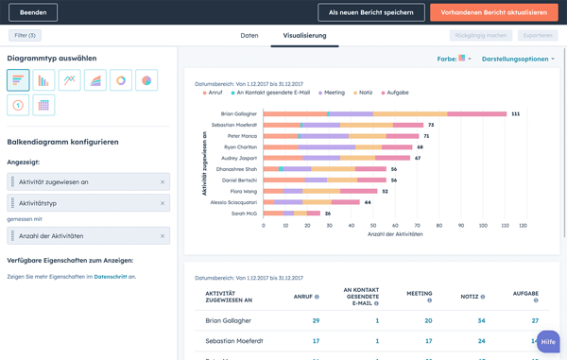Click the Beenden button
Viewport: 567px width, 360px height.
click(x=32, y=12)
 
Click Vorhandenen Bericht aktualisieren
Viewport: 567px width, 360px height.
click(x=493, y=12)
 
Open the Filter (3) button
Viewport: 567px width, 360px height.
click(x=26, y=35)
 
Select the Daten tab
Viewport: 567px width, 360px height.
click(x=249, y=36)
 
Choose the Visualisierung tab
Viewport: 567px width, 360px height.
click(x=304, y=36)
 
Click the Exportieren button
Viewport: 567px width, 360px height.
click(x=538, y=35)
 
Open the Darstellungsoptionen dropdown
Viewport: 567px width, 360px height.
click(x=518, y=59)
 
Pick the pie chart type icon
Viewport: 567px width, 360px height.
click(x=146, y=81)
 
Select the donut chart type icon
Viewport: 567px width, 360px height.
click(x=121, y=81)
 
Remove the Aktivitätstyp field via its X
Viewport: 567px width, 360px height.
click(x=163, y=203)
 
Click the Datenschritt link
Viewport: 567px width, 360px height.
click(x=111, y=277)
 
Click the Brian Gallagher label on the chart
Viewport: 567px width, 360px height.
click(x=232, y=113)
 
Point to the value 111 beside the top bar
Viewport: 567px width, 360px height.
click(x=516, y=113)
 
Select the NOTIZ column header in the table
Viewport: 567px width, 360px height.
click(x=470, y=296)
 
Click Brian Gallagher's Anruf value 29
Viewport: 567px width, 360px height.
click(x=316, y=321)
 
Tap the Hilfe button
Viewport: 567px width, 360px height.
click(x=548, y=342)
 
